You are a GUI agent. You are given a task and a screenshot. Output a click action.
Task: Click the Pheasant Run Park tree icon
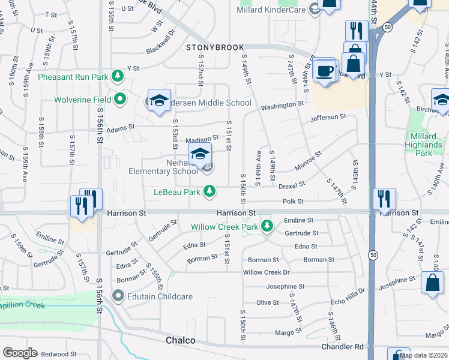click(x=118, y=76)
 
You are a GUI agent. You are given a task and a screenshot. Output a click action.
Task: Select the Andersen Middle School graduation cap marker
click(x=160, y=101)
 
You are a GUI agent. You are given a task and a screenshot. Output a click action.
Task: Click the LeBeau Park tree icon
click(x=209, y=191)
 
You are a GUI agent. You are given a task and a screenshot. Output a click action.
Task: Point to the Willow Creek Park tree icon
click(x=268, y=227)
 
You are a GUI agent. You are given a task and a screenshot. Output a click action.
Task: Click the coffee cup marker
click(x=325, y=71)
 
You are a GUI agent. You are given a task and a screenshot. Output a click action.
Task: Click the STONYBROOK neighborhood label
click(x=215, y=47)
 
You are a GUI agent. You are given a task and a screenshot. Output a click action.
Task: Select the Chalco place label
click(x=180, y=341)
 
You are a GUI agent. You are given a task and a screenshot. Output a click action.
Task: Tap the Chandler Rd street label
click(x=343, y=347)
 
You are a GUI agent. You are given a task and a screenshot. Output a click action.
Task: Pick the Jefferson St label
click(x=328, y=117)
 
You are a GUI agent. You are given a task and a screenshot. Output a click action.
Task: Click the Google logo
click(x=20, y=353)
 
